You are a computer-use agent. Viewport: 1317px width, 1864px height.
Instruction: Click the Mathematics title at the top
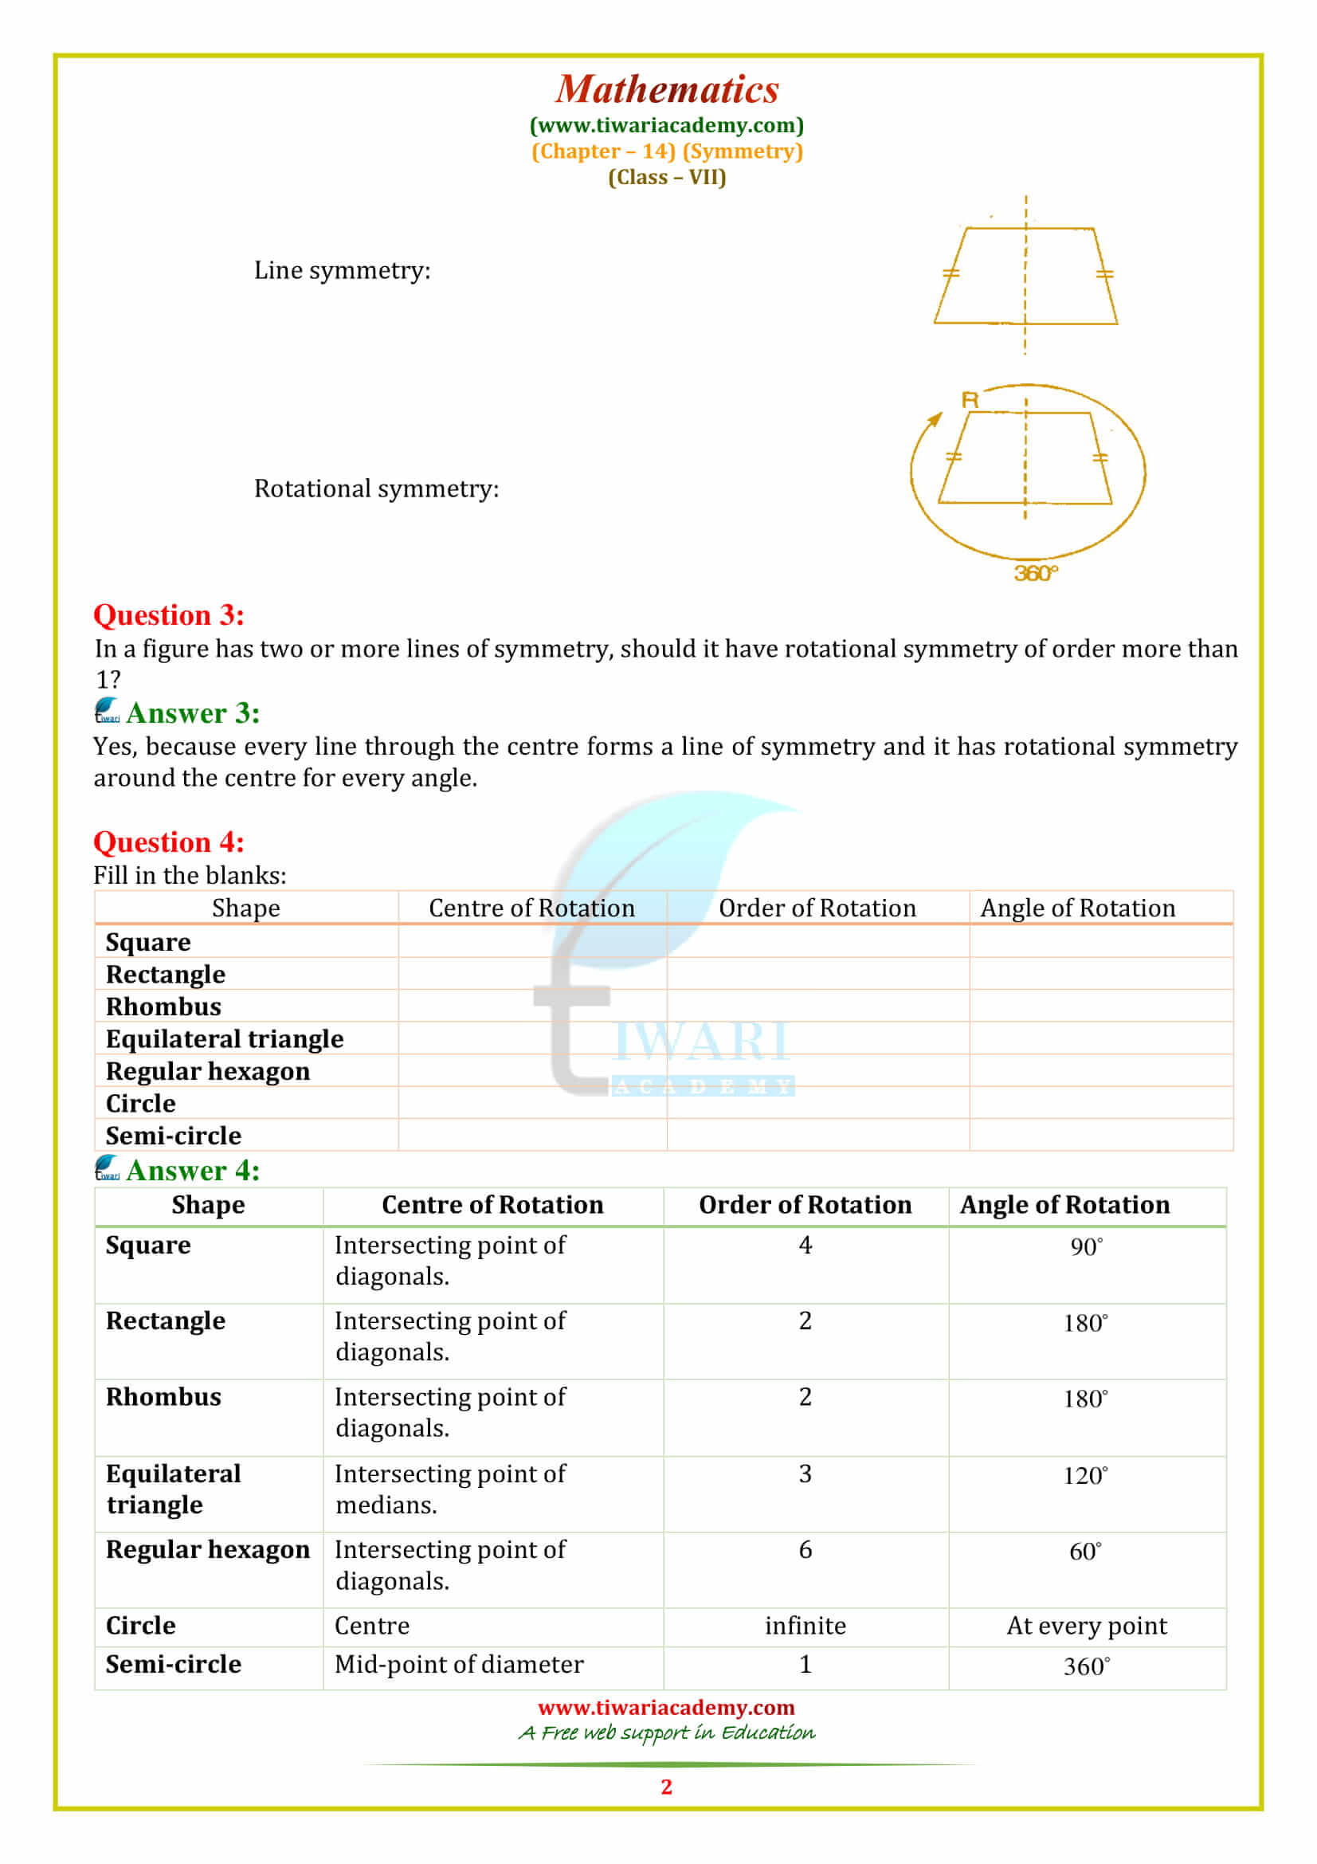(666, 89)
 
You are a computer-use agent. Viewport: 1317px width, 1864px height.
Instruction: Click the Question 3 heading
(169, 614)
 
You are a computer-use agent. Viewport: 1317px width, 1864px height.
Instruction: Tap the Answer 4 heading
(193, 1170)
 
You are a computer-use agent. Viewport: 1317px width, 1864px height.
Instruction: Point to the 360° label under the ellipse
(1036, 573)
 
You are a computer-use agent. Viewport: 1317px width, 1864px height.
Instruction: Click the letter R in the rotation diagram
(970, 399)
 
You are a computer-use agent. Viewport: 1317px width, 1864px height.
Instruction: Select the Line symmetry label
(342, 270)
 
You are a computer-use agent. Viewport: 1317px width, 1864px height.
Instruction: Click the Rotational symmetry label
(376, 489)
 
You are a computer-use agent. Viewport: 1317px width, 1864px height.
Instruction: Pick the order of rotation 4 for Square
(804, 1245)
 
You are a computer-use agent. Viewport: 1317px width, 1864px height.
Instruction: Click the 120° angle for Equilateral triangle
(1085, 1475)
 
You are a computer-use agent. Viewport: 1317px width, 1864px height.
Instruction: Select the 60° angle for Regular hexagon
(1085, 1552)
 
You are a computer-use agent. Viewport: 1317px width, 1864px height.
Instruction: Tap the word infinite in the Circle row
(804, 1625)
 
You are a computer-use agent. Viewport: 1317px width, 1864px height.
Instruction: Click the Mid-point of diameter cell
(458, 1664)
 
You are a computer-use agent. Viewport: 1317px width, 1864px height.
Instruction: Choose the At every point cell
(1086, 1625)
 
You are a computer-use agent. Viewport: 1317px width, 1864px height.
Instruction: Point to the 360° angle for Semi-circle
(1086, 1666)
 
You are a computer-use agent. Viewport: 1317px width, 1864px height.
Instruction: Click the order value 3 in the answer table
(804, 1474)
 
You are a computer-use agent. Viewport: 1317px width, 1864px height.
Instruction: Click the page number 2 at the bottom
(666, 1786)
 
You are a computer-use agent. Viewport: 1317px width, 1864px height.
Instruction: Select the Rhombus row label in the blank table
(163, 1007)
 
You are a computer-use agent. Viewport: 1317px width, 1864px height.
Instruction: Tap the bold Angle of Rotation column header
(1064, 1205)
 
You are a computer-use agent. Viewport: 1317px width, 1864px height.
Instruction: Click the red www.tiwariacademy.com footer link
(666, 1707)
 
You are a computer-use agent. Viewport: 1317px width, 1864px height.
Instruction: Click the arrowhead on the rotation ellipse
(935, 419)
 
